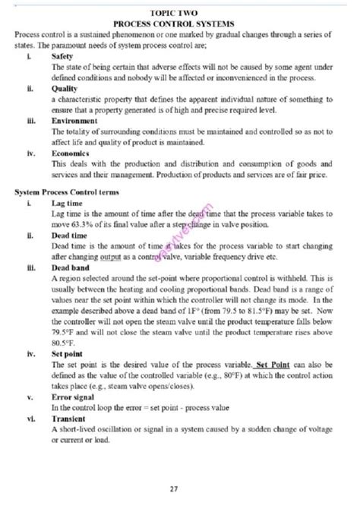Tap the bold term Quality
pos(63,88)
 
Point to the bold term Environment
pos(74,120)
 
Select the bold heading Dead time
pos(68,236)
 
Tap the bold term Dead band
pos(69,268)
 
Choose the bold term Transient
pos(68,418)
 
